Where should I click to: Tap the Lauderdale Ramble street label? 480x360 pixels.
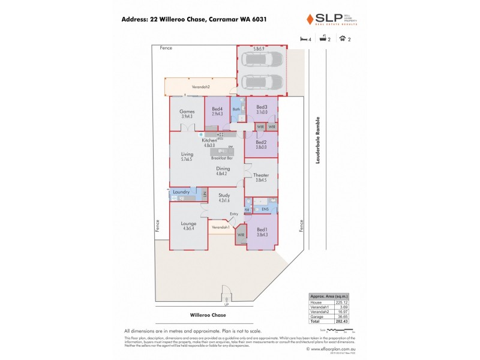coord(319,140)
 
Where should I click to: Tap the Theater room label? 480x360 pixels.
coord(261,175)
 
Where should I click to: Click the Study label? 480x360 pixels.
coord(224,196)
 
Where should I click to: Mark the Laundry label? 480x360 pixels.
coord(181,192)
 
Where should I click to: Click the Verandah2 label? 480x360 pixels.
coord(200,87)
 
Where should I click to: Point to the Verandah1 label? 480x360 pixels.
coord(220,227)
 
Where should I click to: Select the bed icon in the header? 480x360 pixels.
coord(302,38)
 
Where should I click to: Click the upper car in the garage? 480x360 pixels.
coord(263,60)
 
